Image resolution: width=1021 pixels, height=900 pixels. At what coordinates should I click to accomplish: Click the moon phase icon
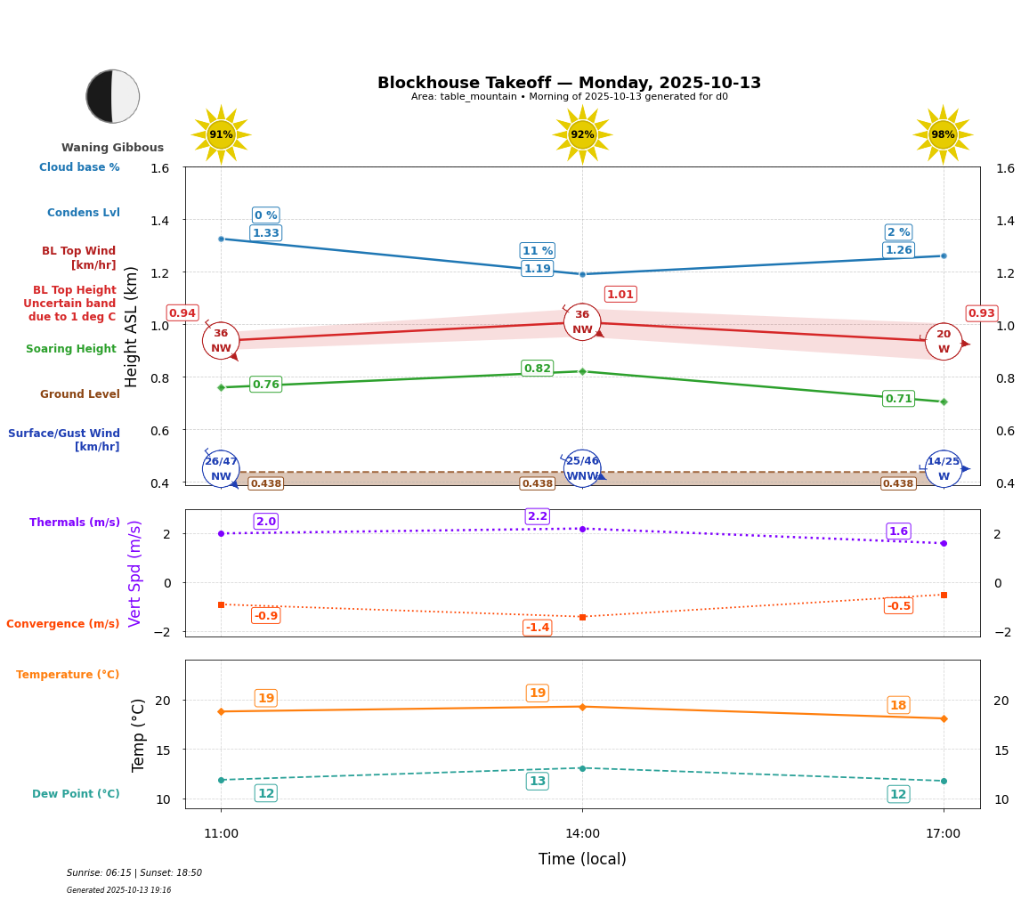(x=112, y=96)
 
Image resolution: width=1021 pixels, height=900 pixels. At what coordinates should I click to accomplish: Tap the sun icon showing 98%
(x=943, y=134)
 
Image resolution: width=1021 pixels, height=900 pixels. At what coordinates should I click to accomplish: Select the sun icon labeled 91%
(x=221, y=134)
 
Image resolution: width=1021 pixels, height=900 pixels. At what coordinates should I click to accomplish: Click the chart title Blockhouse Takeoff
(x=569, y=83)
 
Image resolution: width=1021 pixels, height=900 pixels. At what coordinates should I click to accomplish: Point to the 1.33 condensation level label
(x=265, y=233)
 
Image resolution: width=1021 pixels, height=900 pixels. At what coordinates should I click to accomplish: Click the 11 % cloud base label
(x=537, y=251)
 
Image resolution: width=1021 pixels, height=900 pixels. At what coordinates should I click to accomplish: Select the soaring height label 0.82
(x=537, y=369)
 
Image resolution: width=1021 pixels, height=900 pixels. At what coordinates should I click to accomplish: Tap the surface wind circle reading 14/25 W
(x=943, y=468)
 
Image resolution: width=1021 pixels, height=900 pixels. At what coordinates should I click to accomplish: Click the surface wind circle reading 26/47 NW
(x=221, y=468)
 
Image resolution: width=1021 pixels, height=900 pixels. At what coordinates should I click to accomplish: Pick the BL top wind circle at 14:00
(x=582, y=321)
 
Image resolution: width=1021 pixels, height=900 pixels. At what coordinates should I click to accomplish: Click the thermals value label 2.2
(x=538, y=516)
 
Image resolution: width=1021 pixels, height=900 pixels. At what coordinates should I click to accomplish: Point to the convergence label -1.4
(x=537, y=628)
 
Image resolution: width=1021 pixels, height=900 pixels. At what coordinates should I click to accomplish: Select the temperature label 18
(x=898, y=705)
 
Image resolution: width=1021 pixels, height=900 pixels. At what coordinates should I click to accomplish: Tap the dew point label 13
(x=538, y=781)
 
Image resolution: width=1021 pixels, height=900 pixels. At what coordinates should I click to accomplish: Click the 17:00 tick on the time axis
(x=943, y=834)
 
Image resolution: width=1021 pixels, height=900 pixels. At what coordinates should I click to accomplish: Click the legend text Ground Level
(x=80, y=394)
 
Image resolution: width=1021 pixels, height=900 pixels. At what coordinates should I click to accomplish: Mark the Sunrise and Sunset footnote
(x=134, y=873)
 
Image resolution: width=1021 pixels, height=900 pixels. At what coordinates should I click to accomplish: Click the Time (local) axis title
(x=582, y=859)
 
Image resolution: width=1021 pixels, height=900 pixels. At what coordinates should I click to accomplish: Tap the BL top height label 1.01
(x=620, y=295)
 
